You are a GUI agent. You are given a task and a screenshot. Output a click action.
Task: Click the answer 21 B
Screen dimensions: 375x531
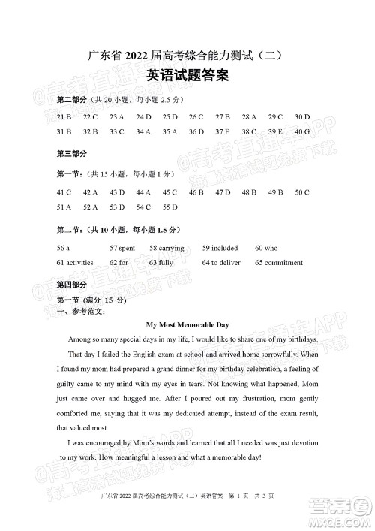point(64,116)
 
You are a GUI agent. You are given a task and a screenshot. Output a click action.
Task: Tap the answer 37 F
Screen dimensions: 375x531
point(223,131)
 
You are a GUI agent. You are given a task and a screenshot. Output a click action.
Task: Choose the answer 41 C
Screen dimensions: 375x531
point(64,192)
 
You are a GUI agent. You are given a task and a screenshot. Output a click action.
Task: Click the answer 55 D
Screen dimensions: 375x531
point(169,207)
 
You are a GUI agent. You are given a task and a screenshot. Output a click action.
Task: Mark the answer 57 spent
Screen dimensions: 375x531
point(122,247)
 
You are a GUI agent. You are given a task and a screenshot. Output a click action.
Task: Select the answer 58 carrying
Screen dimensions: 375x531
point(166,247)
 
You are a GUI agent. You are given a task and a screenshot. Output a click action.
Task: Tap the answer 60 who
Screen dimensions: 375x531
point(265,247)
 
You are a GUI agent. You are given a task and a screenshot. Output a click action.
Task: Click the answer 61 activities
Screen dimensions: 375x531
point(75,263)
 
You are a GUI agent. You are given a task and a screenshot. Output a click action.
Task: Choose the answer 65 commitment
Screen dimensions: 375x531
point(279,263)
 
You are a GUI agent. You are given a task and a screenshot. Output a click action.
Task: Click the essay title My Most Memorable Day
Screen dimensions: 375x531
point(187,325)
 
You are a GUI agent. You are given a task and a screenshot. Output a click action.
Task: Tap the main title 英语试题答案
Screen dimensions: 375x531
point(187,76)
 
